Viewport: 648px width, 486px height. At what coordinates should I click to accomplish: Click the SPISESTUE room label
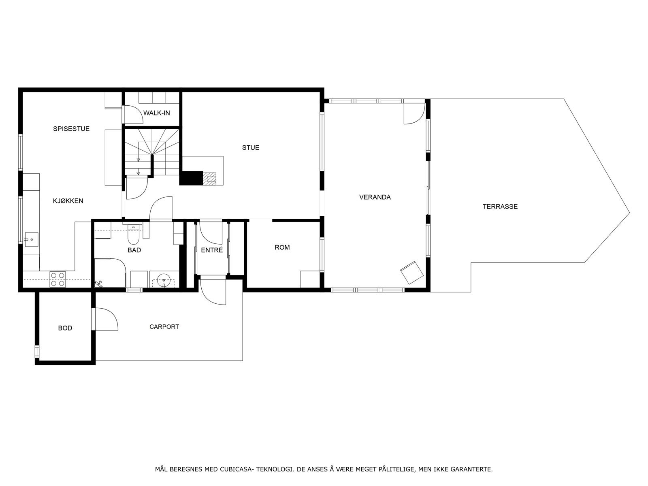[71, 129]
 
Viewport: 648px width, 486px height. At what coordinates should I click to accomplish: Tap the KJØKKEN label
[68, 201]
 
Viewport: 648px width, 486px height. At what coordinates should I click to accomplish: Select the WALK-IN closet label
[156, 113]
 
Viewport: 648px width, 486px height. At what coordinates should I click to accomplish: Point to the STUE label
[251, 147]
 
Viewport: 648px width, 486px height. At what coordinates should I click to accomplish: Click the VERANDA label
[375, 197]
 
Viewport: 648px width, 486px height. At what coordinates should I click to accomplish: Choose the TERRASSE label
[500, 207]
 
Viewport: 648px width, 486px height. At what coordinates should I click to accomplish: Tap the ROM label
[282, 247]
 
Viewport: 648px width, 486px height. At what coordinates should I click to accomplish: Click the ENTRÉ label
[212, 250]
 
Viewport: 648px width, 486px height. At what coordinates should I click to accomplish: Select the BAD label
[134, 250]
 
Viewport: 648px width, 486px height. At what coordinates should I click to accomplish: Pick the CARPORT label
[164, 327]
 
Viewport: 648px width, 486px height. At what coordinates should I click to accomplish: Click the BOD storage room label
[65, 328]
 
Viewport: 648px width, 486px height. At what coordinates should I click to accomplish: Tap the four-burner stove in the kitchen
[58, 279]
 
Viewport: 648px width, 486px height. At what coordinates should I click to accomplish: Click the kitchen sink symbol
[30, 239]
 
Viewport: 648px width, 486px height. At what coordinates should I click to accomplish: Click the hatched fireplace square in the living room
[210, 178]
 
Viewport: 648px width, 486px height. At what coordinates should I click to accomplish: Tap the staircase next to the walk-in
[151, 152]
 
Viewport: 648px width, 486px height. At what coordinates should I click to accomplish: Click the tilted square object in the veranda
[411, 272]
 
